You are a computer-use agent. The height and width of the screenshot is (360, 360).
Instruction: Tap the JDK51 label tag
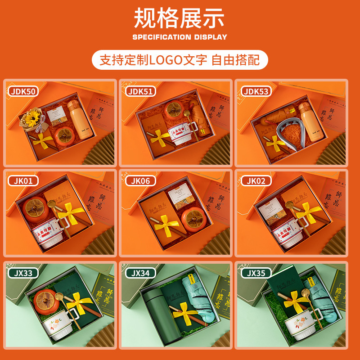141,91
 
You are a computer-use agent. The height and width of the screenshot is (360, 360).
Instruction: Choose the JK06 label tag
140,181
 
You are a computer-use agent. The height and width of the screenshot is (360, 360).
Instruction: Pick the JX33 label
22,272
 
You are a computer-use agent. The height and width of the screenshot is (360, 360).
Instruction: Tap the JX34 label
141,272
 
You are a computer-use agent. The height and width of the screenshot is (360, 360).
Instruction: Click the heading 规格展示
180,19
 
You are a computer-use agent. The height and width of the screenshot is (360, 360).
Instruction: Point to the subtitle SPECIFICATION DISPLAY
180,37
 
